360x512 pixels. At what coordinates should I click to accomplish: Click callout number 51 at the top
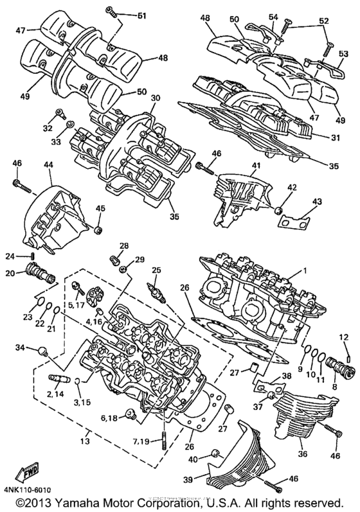point(141,15)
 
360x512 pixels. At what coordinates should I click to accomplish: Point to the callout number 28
point(123,245)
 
